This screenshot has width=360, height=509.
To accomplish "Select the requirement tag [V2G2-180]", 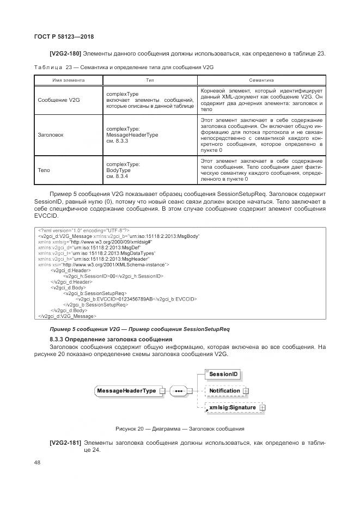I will point(65,53).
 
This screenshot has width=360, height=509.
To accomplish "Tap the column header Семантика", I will point(261,80).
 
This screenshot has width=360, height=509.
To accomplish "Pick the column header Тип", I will point(150,80).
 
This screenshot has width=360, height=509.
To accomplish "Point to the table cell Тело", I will point(44,170).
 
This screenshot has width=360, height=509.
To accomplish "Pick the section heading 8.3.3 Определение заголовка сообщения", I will point(103,339).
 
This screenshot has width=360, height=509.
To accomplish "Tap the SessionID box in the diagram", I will point(224,375).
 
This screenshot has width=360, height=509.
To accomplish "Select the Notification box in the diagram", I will point(224,391).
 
